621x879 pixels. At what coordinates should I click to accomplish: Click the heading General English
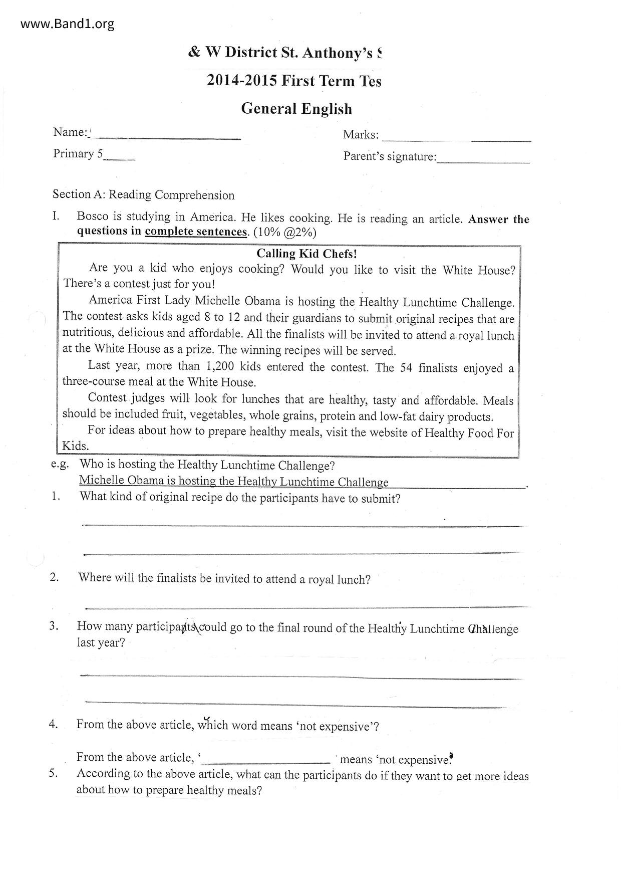click(296, 109)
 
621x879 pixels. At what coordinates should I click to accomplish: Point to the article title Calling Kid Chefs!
click(306, 254)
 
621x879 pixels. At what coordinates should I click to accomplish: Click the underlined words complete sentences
click(196, 232)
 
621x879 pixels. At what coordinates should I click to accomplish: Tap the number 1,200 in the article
click(219, 366)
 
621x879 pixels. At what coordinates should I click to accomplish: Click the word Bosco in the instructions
click(93, 216)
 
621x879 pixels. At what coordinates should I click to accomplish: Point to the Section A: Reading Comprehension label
click(144, 194)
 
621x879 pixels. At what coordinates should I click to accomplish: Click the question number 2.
click(54, 577)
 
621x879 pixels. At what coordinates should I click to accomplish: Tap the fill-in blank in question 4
click(265, 759)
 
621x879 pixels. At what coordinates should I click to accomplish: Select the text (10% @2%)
click(285, 233)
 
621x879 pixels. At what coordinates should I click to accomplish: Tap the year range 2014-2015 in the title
click(242, 81)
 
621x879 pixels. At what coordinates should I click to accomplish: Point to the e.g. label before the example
click(60, 464)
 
